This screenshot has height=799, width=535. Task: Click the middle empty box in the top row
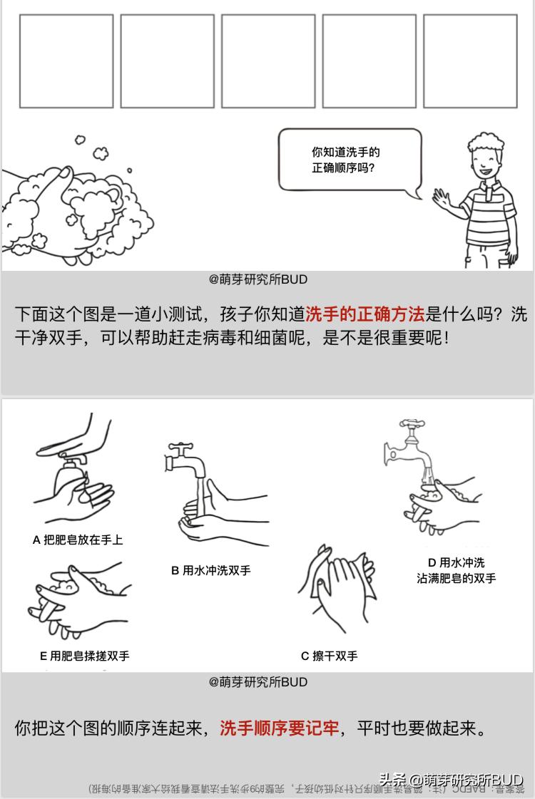267,61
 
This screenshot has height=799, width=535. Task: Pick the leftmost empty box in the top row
66,61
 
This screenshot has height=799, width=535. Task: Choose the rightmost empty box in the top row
469,61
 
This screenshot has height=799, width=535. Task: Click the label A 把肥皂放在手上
78,540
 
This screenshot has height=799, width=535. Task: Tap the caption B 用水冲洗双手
210,570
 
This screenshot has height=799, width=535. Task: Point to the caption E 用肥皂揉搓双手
84,656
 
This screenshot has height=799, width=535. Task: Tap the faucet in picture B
185,459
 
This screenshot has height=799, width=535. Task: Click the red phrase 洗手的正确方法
365,314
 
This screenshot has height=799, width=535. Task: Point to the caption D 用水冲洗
456,562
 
